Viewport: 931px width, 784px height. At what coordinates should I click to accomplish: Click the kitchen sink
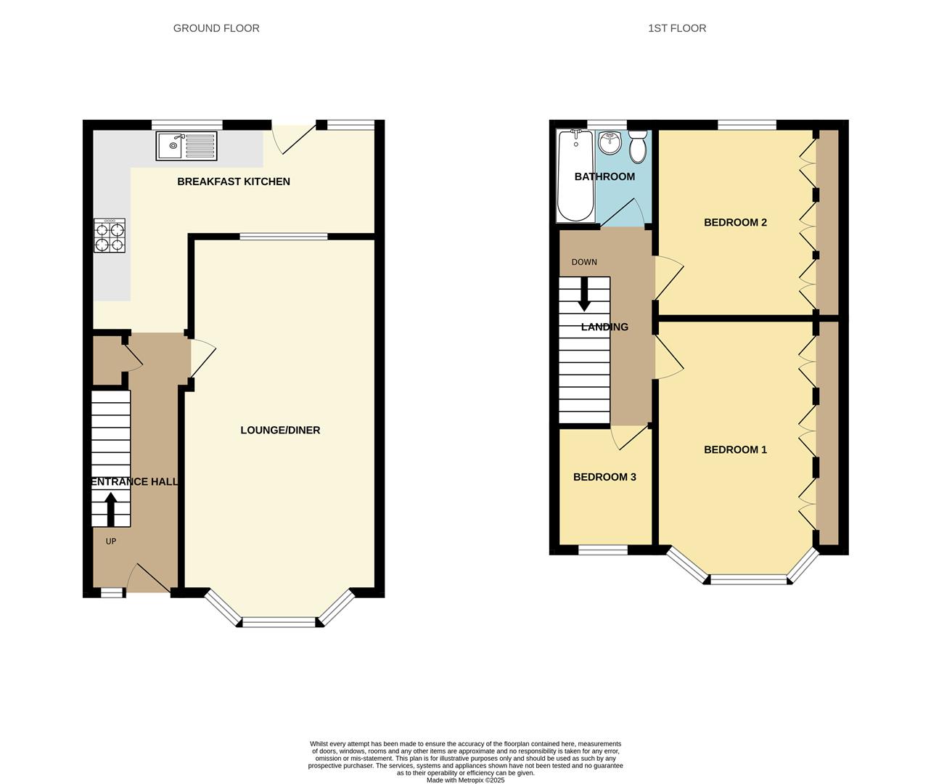tap(186, 146)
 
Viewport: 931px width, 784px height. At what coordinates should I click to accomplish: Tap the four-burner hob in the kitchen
tap(110, 235)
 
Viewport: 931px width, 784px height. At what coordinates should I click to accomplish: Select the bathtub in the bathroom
tap(576, 176)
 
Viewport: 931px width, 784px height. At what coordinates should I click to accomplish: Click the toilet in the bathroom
tap(638, 147)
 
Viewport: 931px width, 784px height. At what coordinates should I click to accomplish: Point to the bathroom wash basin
tap(610, 143)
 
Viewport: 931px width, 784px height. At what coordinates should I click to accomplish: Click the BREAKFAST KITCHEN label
tap(234, 181)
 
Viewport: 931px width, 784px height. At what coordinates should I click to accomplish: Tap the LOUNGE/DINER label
tap(280, 430)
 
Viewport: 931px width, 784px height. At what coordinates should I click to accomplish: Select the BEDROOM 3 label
tap(604, 477)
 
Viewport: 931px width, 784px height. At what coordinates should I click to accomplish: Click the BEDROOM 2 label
tap(735, 222)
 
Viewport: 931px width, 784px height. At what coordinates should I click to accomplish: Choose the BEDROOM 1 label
tap(735, 449)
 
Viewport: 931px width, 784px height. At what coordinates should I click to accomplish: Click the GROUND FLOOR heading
tap(216, 28)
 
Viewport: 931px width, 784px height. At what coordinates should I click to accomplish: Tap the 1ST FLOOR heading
tap(677, 28)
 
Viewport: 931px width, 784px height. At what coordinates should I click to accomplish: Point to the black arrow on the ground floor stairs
tap(111, 510)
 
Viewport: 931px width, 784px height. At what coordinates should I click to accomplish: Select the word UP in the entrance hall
tap(111, 541)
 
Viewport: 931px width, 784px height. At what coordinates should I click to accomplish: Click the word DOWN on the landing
tap(584, 262)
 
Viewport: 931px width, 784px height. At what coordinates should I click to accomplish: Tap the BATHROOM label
tap(604, 176)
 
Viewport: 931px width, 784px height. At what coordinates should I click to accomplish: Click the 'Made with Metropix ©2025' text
tap(465, 780)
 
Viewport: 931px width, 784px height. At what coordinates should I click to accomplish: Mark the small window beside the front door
tap(111, 593)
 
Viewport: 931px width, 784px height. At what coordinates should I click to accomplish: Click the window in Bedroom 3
tap(603, 550)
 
